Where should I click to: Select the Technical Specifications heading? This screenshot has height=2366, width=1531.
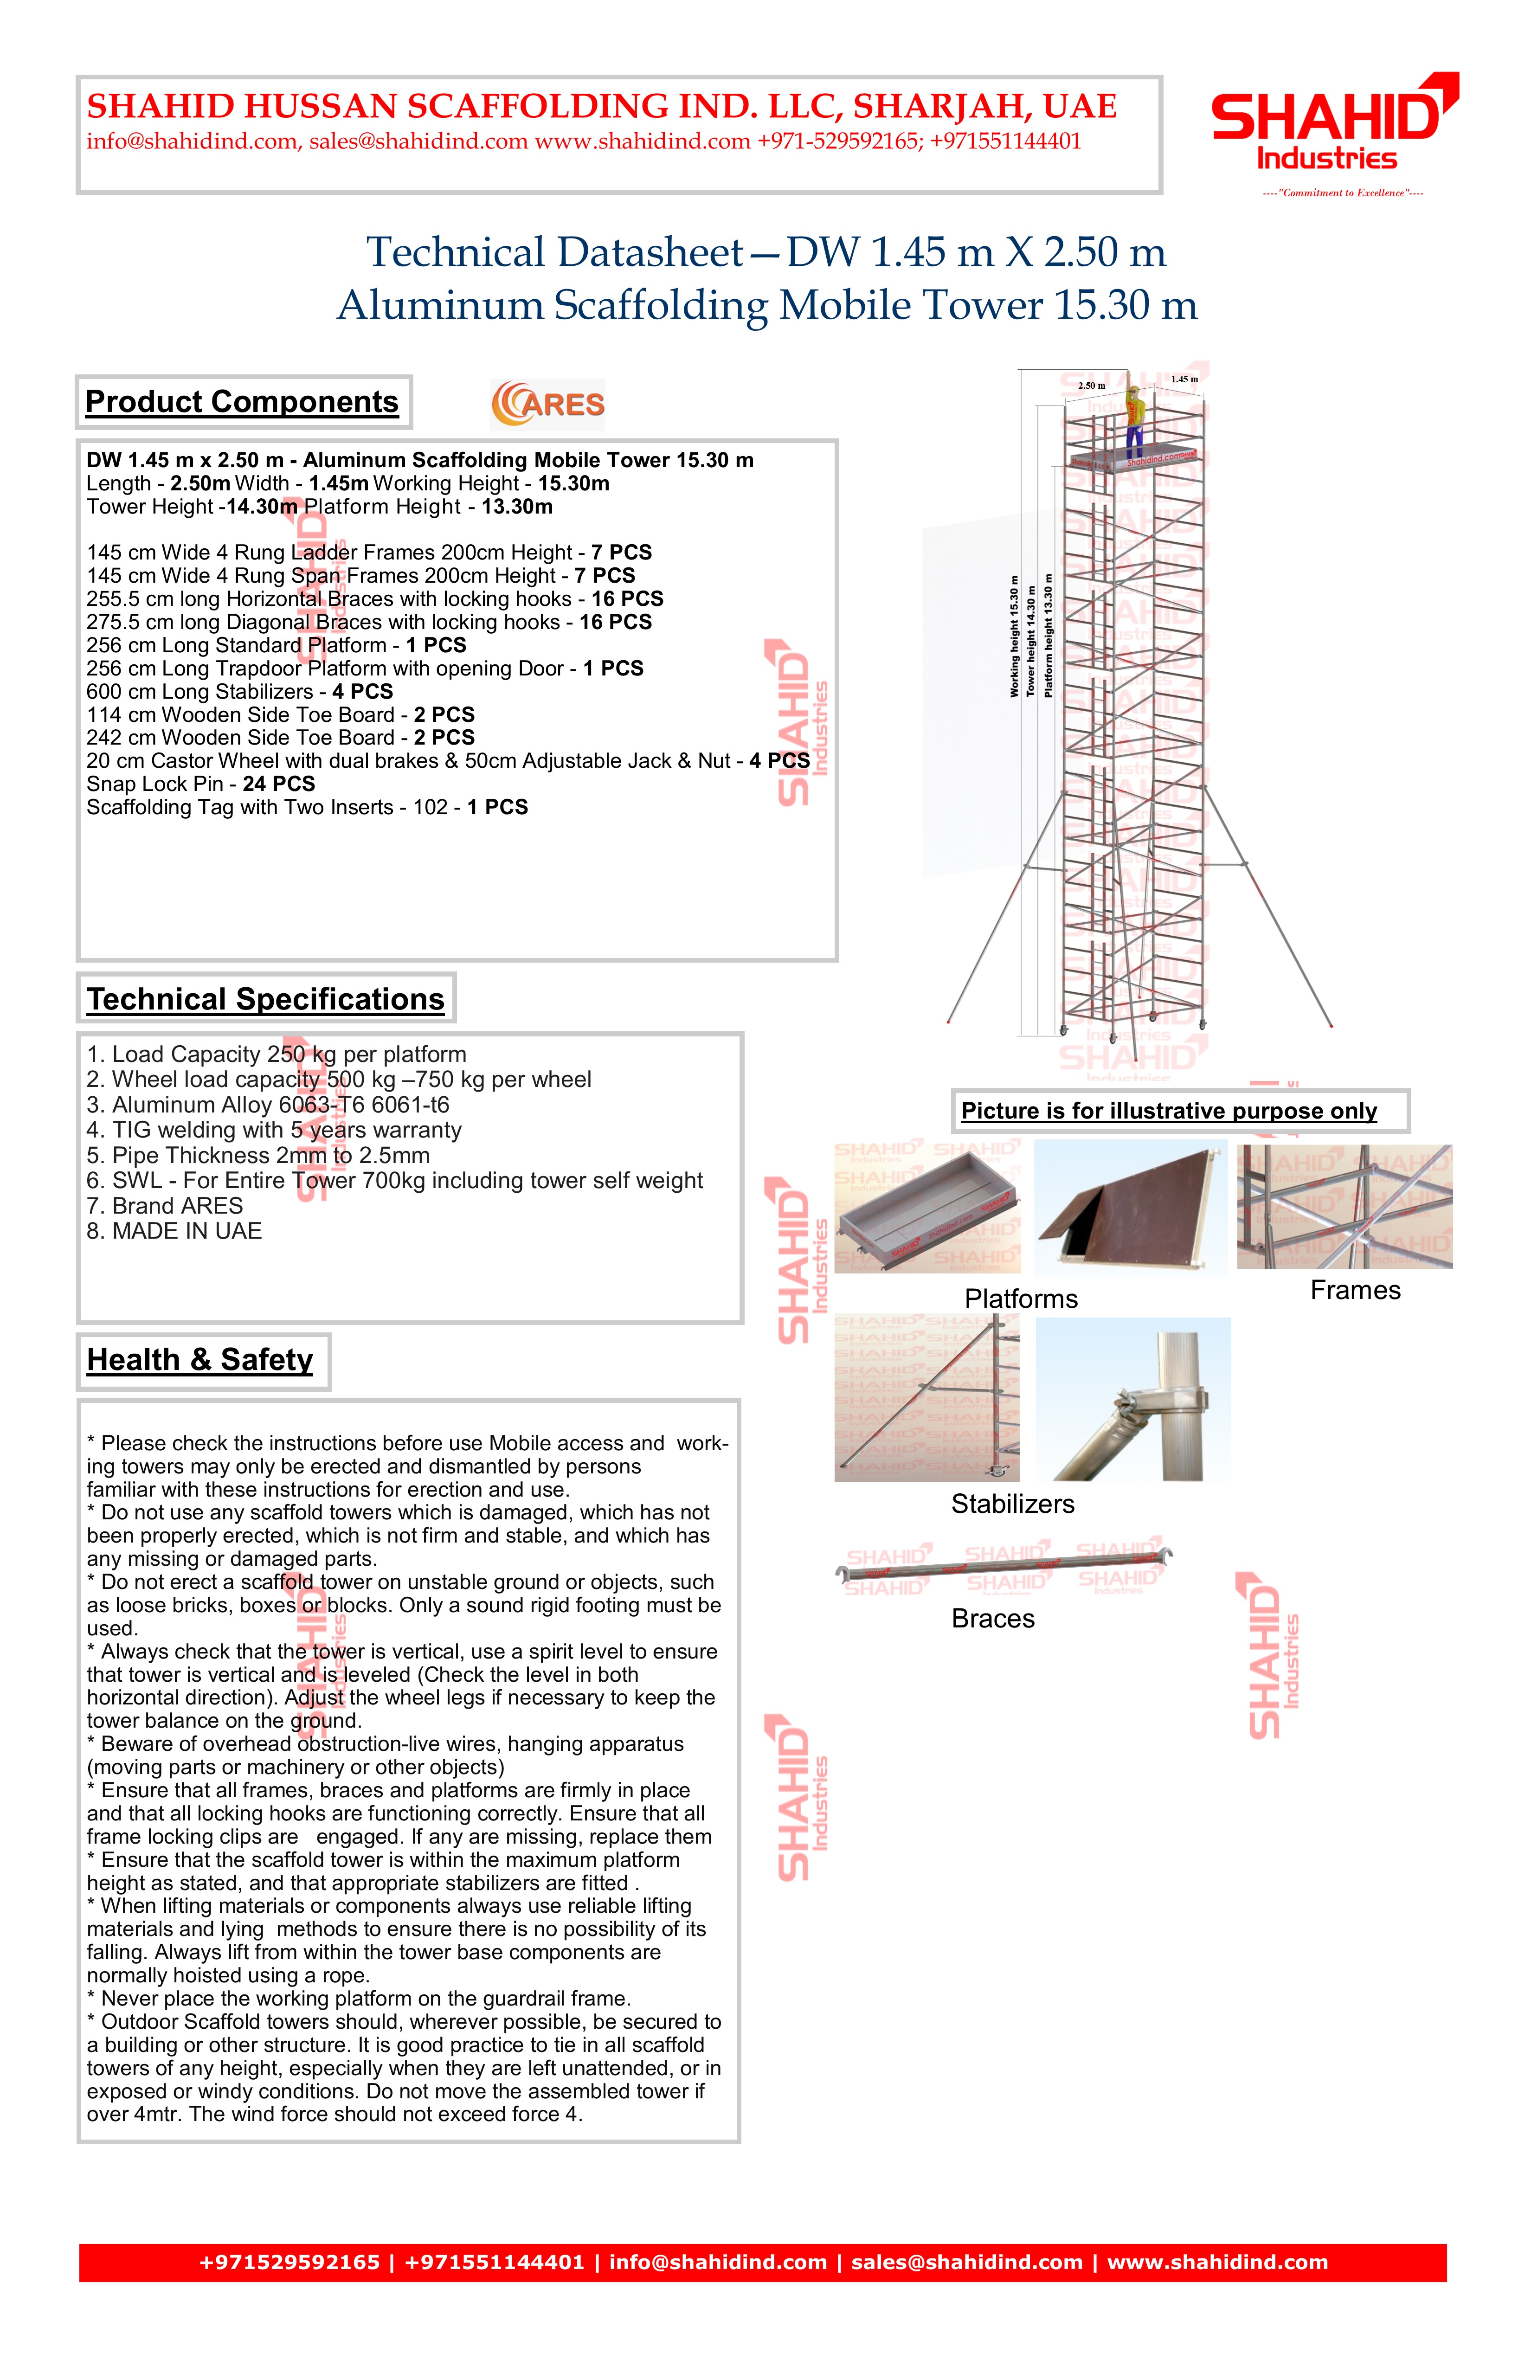pyautogui.click(x=265, y=999)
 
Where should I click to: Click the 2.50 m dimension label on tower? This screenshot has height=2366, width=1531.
pyautogui.click(x=1092, y=386)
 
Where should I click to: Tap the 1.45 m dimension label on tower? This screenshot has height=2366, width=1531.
pyautogui.click(x=1184, y=379)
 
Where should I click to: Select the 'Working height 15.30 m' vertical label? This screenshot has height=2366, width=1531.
pyautogui.click(x=1014, y=636)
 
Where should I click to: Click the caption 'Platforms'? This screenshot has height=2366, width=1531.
pyautogui.click(x=1021, y=1299)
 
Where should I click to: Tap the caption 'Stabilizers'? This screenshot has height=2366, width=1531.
pyautogui.click(x=1012, y=1504)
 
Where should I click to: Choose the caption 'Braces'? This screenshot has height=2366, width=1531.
pyautogui.click(x=992, y=1619)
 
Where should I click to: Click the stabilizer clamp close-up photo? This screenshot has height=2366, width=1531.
pyautogui.click(x=1133, y=1400)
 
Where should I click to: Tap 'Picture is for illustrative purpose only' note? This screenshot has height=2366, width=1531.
pyautogui.click(x=1169, y=1112)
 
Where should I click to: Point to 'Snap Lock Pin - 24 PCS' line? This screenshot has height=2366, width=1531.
pyautogui.click(x=201, y=784)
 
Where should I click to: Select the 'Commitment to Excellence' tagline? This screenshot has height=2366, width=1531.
pyautogui.click(x=1342, y=193)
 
